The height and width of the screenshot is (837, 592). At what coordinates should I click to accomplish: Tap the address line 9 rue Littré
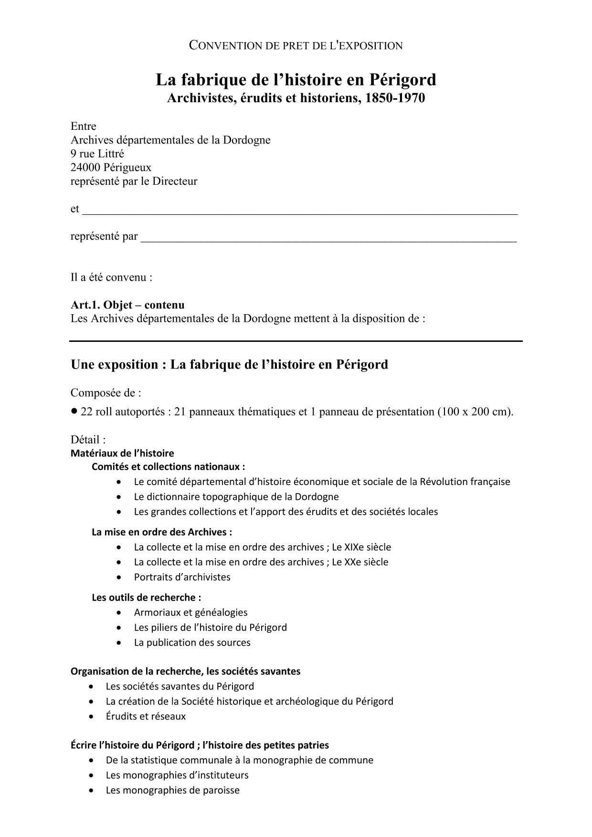tap(97, 154)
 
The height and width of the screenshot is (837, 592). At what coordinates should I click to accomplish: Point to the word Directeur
tap(175, 181)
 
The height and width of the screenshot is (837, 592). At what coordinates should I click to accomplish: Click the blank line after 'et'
tap(299, 210)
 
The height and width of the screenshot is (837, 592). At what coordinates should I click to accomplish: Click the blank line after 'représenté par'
tap(328, 237)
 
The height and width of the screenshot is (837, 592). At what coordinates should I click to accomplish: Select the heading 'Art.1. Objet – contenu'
tap(127, 305)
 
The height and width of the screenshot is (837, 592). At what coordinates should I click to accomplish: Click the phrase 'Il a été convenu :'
tap(112, 277)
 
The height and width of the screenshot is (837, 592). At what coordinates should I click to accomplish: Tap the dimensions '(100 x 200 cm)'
tap(475, 412)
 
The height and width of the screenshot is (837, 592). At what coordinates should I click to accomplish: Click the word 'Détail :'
tap(88, 439)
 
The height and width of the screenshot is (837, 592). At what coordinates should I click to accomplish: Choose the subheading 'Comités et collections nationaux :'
tap(169, 466)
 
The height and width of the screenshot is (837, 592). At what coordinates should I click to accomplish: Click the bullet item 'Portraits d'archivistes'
tap(182, 577)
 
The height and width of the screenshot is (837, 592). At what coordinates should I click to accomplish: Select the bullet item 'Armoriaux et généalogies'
tap(190, 612)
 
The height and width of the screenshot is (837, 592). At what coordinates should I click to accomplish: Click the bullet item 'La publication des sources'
tap(192, 642)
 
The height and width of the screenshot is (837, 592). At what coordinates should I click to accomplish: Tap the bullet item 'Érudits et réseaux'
tap(146, 716)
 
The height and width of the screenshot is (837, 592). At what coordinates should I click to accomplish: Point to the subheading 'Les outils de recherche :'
tap(146, 597)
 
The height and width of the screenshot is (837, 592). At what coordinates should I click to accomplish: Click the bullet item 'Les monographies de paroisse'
tap(172, 790)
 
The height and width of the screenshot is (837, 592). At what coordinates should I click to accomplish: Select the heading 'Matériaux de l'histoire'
tap(122, 453)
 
